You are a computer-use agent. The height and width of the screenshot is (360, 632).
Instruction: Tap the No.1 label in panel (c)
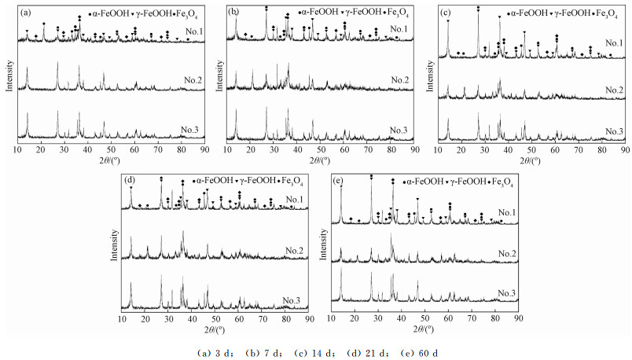pyautogui.click(x=611, y=44)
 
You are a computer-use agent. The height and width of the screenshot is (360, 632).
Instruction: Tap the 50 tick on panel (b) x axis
pyautogui.click(x=321, y=147)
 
